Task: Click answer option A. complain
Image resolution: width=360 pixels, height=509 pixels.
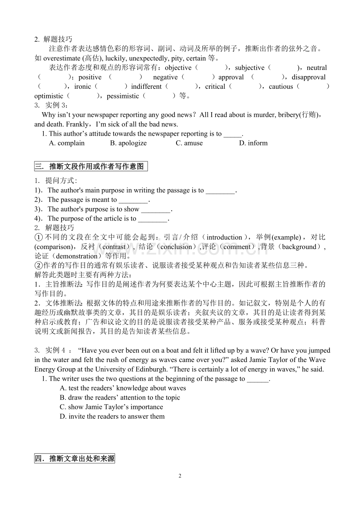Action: (67, 143)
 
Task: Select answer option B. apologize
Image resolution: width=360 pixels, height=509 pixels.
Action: (128, 143)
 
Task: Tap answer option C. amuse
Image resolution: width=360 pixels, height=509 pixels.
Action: (189, 143)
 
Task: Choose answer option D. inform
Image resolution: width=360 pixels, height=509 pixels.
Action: (253, 143)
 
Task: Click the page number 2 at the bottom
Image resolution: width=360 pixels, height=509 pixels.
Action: (180, 476)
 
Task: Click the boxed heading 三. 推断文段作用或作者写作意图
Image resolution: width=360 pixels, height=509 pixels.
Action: (91, 166)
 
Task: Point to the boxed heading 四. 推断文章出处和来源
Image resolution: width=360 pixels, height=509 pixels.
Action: (75, 459)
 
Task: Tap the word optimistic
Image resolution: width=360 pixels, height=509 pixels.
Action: (49, 96)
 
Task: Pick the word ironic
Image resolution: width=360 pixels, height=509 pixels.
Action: (83, 87)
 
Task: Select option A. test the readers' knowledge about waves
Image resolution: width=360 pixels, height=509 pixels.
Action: (123, 388)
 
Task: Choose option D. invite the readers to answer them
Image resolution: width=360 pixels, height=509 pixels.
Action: (112, 416)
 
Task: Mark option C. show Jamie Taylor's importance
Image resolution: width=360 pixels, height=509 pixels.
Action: (112, 407)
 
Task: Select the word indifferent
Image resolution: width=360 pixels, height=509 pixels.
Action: (146, 87)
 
